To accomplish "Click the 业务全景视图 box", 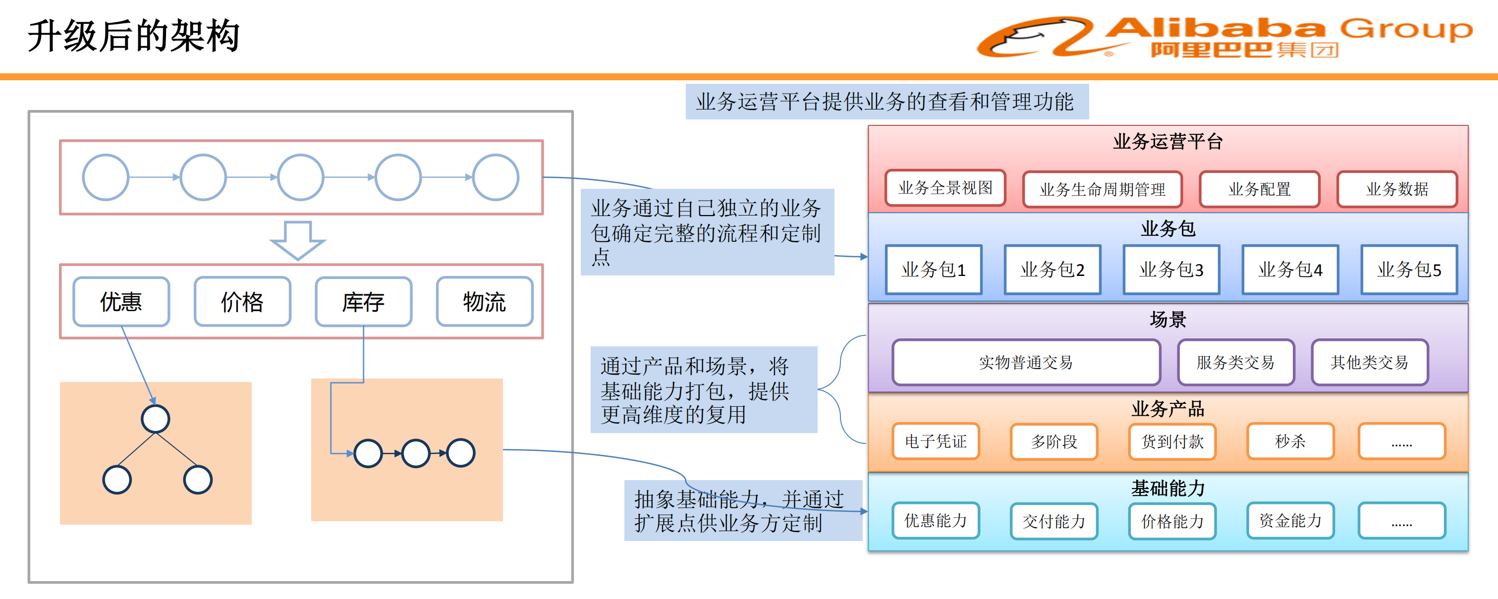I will (x=945, y=188).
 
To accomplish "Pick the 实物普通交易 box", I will (x=1026, y=362).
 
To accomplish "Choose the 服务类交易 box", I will (x=1236, y=362).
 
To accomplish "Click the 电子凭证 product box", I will (x=936, y=441).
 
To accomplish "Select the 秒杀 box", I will (x=1290, y=441).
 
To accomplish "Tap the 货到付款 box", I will (x=1172, y=441).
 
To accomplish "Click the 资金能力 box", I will (x=1290, y=521).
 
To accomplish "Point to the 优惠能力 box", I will (x=936, y=521).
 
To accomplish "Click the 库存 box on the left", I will (x=363, y=302).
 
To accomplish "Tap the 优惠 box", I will (x=121, y=302).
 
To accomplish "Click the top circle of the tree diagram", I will (x=155, y=419).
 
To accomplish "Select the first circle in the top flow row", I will (x=105, y=177).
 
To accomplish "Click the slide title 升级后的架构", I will (x=134, y=36).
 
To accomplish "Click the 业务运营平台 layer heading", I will (x=1167, y=141).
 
